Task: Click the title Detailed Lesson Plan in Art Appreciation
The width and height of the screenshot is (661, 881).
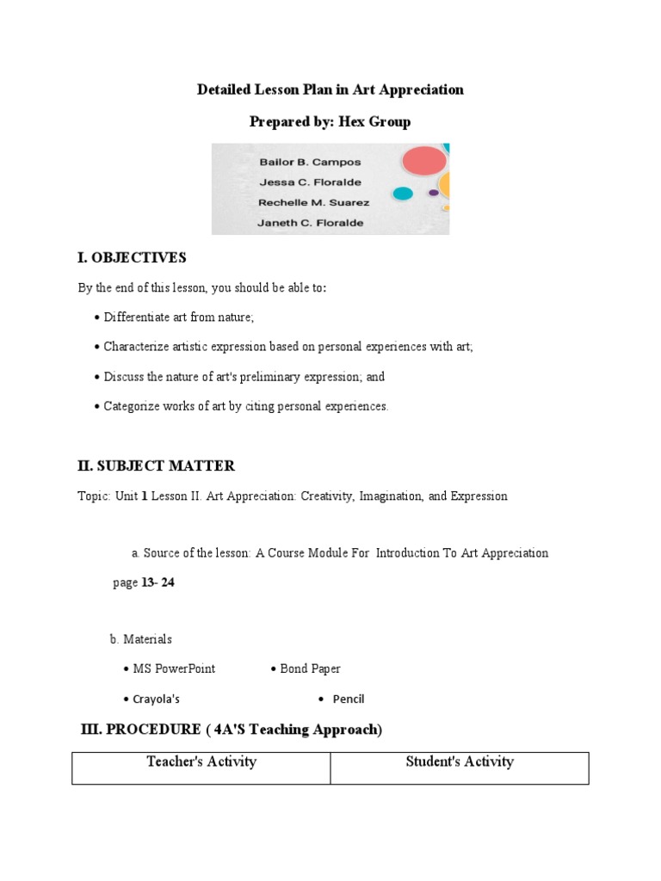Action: (330, 89)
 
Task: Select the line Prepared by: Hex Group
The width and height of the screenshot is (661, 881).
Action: (330, 121)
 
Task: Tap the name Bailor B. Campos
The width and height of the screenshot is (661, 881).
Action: (299, 162)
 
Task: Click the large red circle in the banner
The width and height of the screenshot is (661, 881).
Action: (423, 160)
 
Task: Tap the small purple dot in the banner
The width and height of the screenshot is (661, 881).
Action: (433, 193)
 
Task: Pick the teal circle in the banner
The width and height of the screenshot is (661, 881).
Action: (402, 194)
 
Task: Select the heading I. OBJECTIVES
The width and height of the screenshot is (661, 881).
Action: (132, 258)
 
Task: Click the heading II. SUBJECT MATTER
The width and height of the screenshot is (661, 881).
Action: (156, 465)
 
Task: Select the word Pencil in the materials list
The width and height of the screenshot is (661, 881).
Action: (349, 699)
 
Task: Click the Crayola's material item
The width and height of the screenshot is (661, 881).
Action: (156, 699)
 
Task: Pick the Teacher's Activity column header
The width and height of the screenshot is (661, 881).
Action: (201, 761)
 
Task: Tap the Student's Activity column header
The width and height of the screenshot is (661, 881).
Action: (460, 761)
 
